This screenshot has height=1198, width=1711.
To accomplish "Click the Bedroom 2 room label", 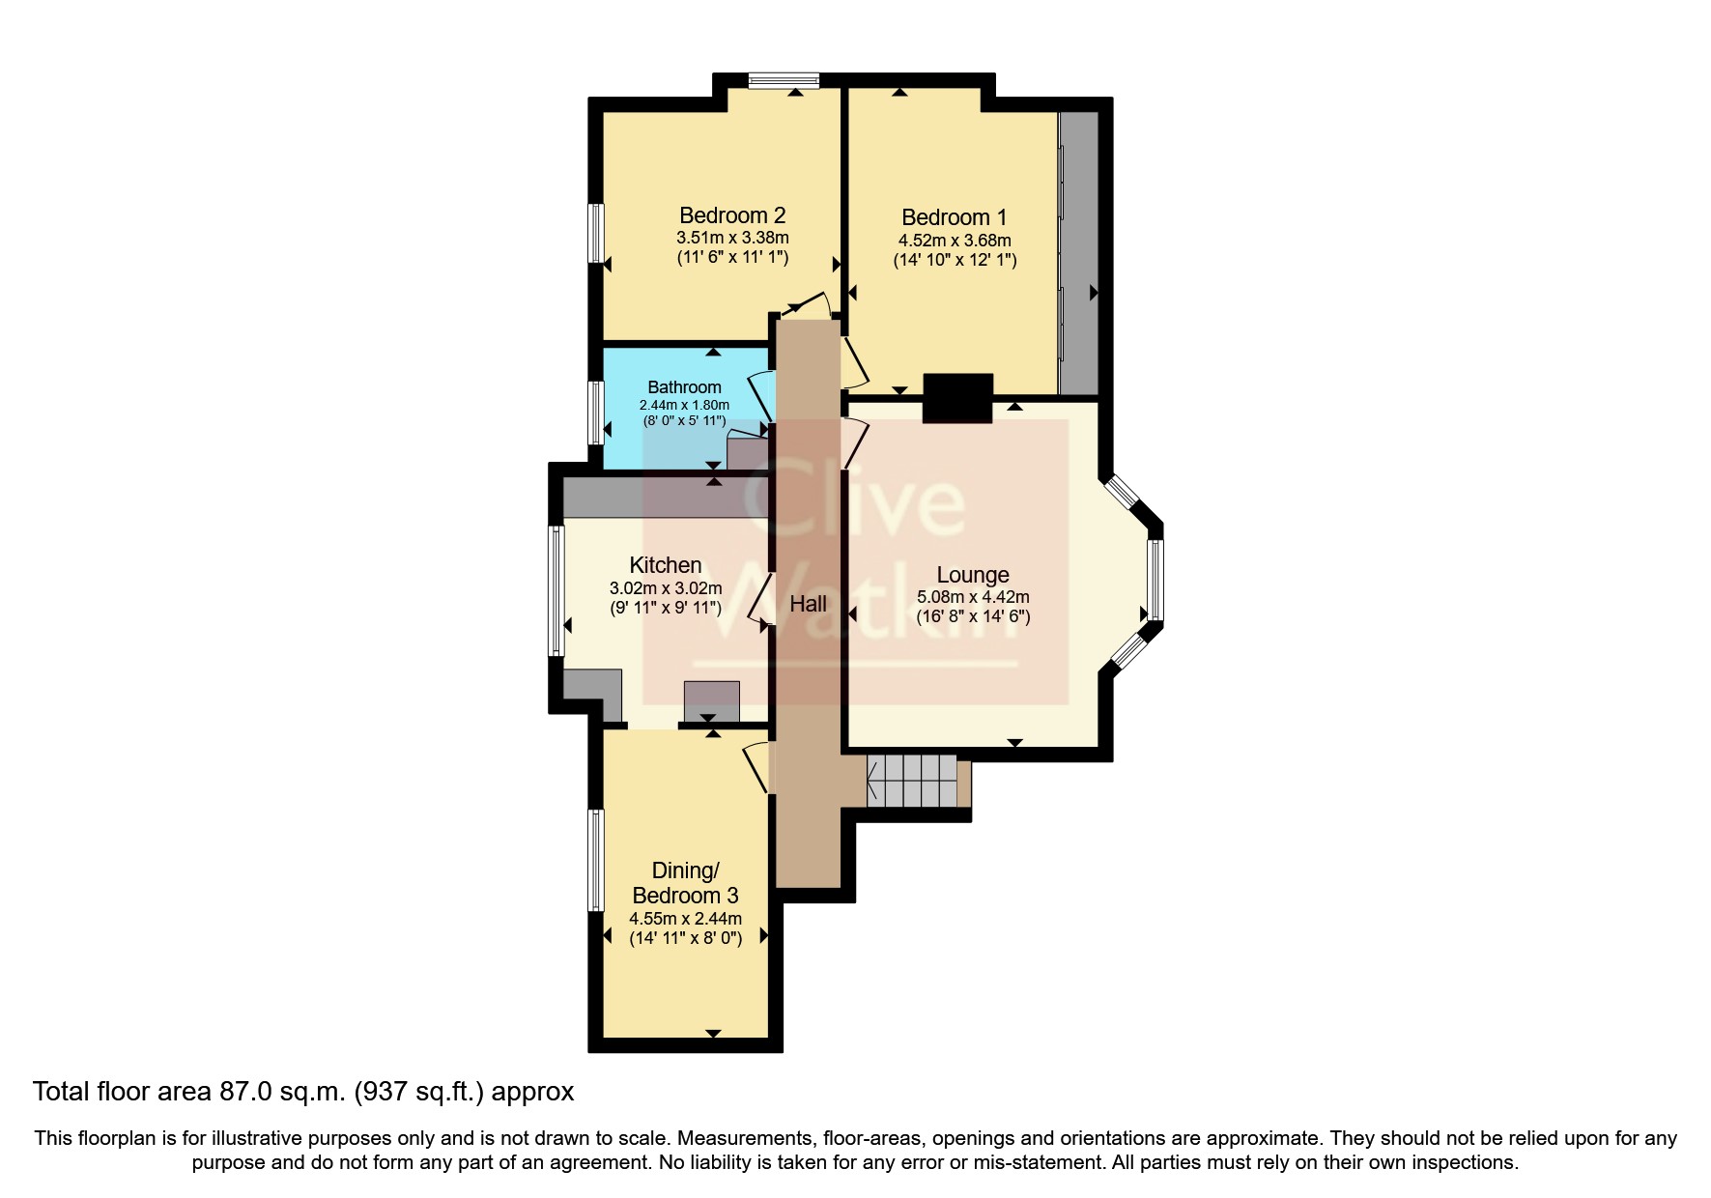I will point(731,215).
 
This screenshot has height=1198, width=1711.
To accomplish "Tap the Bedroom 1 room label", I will point(954,217).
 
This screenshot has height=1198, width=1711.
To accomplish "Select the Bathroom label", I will point(684,387).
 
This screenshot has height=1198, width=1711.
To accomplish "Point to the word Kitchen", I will point(665,565).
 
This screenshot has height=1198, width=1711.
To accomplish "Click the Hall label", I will point(808,604).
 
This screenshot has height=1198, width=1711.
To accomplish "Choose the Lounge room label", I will point(972,576).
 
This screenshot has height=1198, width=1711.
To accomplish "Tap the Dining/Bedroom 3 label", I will point(685,883).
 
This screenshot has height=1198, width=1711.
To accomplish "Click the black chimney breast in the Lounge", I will point(957,398).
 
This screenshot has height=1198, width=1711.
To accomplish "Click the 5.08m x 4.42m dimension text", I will point(972,597).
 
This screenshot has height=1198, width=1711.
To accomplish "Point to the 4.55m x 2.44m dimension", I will point(685,919).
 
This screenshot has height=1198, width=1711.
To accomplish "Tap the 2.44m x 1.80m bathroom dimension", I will point(684,405).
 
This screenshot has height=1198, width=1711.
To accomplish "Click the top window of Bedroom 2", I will point(784,81).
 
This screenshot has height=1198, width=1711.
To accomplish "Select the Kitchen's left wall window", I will point(556,590).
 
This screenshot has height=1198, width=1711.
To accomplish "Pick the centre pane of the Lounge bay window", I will point(1155,580).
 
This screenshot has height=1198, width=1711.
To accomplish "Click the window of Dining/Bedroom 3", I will point(596,860).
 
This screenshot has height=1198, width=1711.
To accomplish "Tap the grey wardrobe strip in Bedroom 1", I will point(1079,253).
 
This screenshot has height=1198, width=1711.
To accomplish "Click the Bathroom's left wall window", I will point(597,413).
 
